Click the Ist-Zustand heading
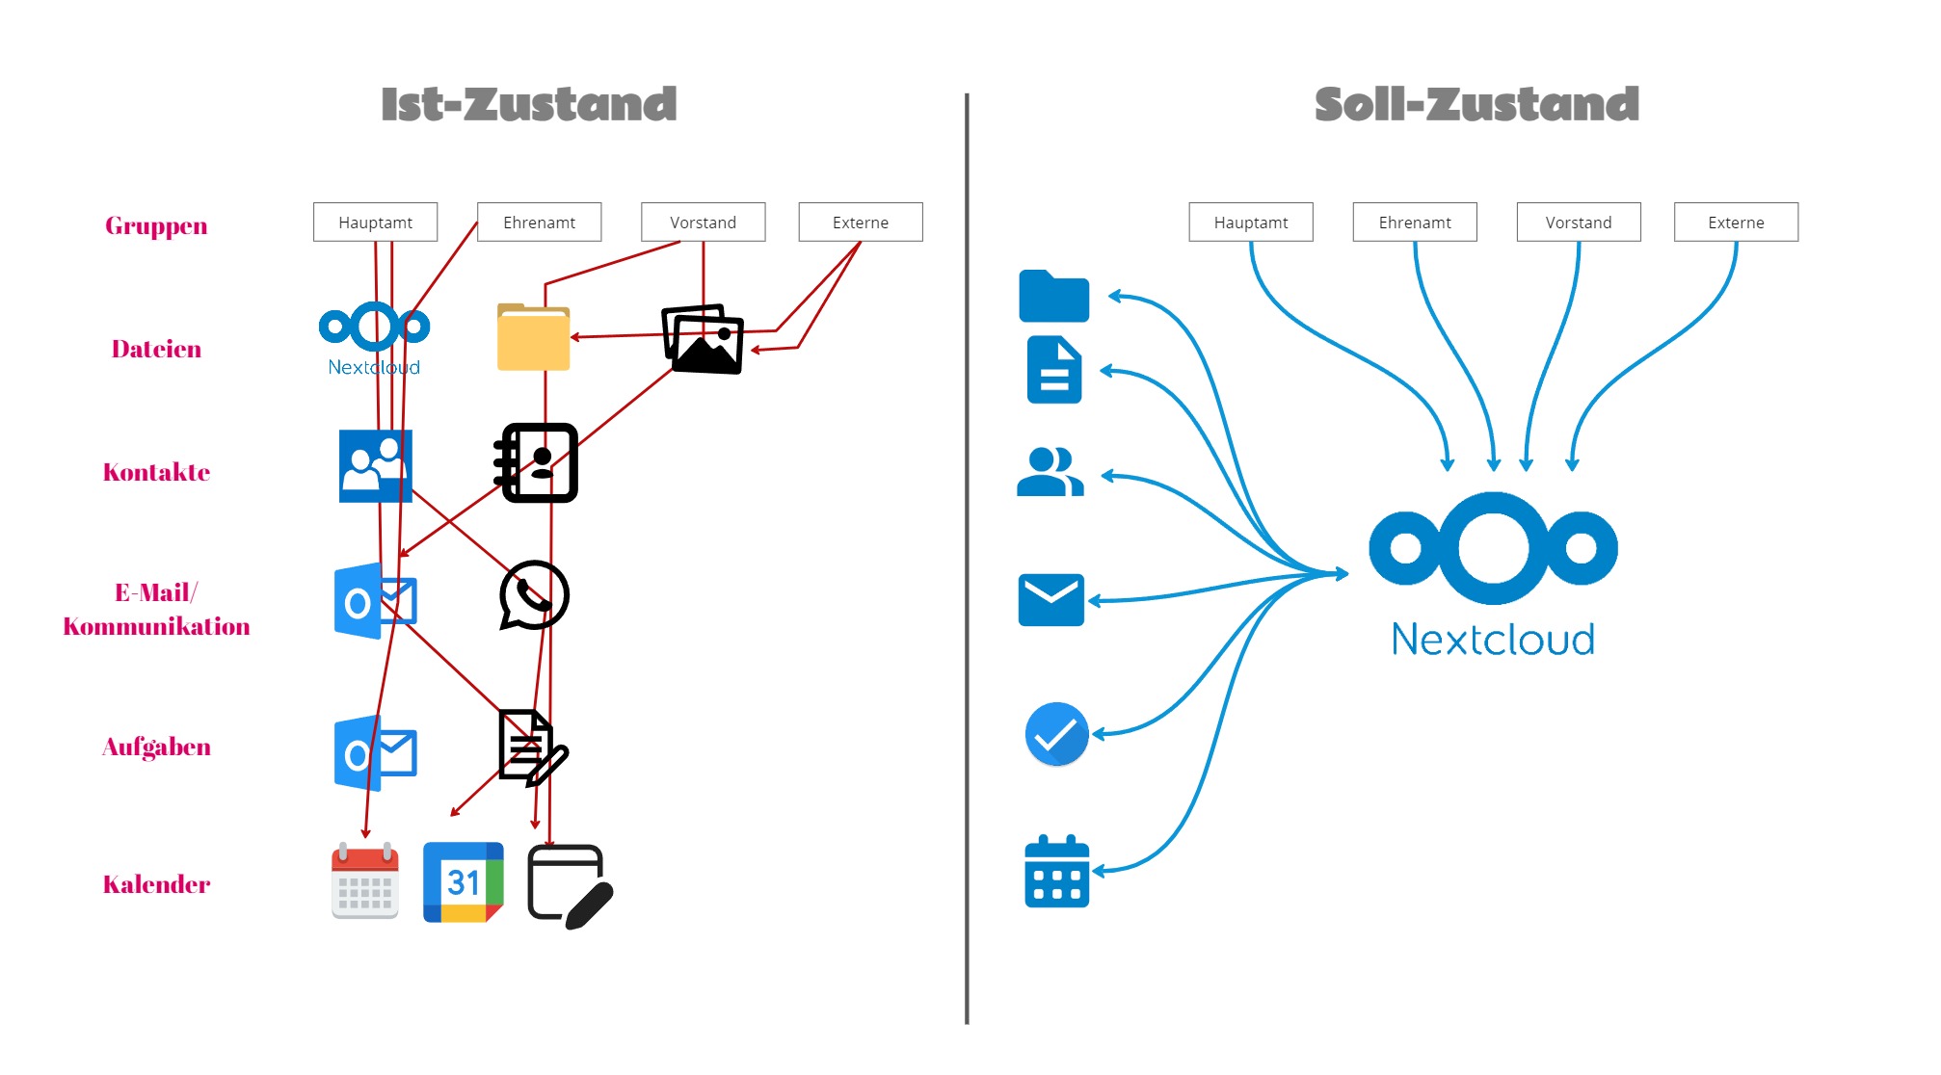pos(528,104)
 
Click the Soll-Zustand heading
pos(1476,104)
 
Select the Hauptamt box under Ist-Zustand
pos(375,223)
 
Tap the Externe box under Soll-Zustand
pos(1735,223)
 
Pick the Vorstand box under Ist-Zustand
pos(703,223)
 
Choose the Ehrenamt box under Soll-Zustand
pos(1414,223)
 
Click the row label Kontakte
pos(156,472)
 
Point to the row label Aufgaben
pos(156,747)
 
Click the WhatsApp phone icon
pos(534,595)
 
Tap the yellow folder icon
pos(533,337)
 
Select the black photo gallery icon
pos(703,339)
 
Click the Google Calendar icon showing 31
pos(464,881)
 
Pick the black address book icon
pos(536,462)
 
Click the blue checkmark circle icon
pos(1056,734)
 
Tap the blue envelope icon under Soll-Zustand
pos(1050,599)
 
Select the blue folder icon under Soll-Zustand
pos(1053,296)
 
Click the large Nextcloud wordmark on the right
pos(1493,640)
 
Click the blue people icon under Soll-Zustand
pos(1050,472)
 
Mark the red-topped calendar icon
pos(365,881)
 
